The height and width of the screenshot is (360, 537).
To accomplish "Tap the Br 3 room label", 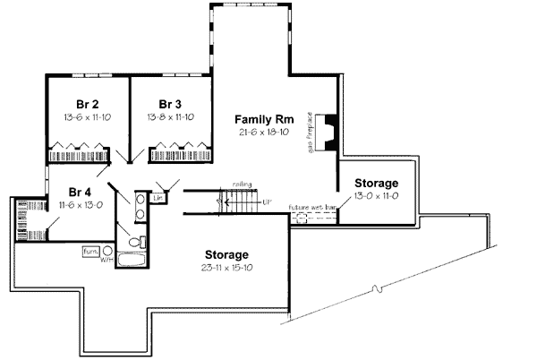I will [170, 103].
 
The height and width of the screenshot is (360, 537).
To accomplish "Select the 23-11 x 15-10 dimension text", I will [238, 267].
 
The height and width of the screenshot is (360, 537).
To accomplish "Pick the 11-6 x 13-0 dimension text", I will [81, 204].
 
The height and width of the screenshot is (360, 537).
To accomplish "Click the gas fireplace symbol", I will [328, 133].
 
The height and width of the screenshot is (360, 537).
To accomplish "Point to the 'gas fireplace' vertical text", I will [311, 133].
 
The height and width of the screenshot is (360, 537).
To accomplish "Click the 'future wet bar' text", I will [312, 207].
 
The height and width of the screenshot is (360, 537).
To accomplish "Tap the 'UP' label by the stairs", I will [267, 202].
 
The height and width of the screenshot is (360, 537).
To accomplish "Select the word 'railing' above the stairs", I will [240, 184].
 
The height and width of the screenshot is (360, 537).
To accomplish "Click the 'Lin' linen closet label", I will [158, 196].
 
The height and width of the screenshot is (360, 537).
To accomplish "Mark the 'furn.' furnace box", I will [91, 251].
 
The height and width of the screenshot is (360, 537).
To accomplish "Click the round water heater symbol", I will [107, 252].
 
